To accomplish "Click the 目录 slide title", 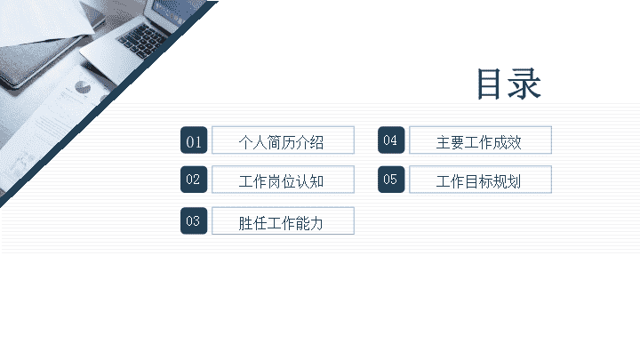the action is coord(509,84).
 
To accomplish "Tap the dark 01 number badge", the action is coord(194,140).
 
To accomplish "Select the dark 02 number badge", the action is coord(194,180).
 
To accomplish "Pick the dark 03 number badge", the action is coord(194,220).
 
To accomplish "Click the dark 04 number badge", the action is coord(391,140).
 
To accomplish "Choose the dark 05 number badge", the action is coord(391,180).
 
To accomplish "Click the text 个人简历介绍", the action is coord(281,142).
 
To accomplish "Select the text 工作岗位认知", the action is coord(281,181).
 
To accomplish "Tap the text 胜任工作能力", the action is coord(281,223).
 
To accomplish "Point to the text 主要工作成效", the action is coord(479,142).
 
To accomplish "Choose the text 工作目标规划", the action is coord(479,181).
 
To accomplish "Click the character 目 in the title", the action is coord(489,84).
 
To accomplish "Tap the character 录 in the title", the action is coord(524,84).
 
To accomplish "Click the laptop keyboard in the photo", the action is coord(143,40).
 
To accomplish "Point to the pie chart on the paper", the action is coord(84,87).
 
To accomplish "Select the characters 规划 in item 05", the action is coord(507,181).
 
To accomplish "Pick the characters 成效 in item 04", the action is coord(507,142).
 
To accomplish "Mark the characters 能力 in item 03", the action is coord(309,223).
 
